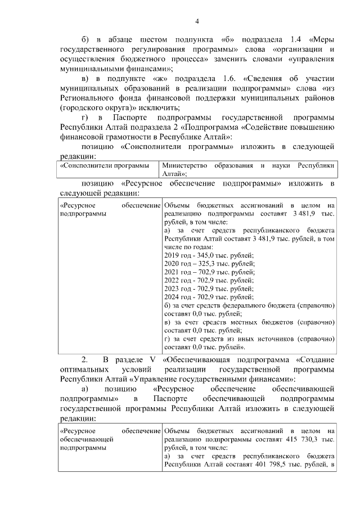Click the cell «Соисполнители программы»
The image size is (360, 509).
(106, 166)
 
